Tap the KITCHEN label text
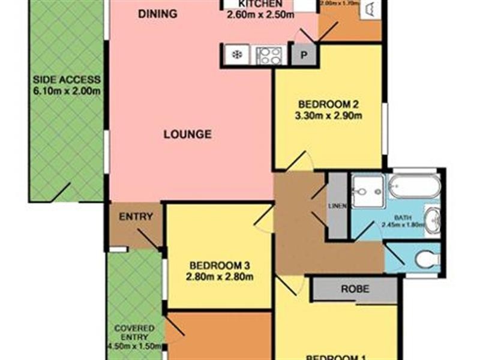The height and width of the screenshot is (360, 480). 260,4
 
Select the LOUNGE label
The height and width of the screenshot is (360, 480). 188,134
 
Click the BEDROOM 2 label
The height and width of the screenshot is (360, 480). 326,102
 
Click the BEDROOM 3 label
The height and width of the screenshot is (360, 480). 220,266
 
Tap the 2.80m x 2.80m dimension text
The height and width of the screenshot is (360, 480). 220,277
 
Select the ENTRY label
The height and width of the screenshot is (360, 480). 136,217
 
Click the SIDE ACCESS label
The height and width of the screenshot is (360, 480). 67,79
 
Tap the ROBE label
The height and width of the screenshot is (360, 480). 355,289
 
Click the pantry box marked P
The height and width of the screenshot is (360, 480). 304,56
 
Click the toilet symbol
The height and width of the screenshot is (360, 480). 427,259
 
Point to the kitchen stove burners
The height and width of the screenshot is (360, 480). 268,55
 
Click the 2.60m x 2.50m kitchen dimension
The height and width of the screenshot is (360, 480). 260,16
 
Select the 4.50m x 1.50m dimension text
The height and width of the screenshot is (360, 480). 133,346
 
